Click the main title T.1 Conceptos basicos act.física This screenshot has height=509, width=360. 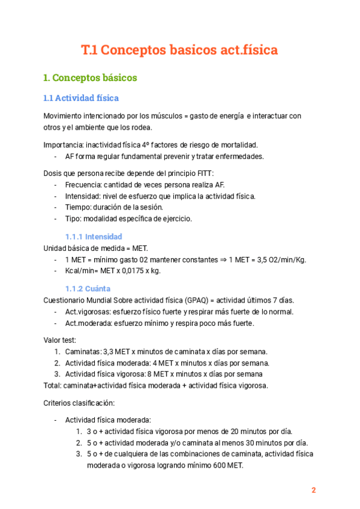pyautogui.click(x=179, y=50)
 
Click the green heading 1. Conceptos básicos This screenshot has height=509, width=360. pyautogui.click(x=90, y=78)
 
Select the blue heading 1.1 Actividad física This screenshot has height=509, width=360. pyautogui.click(x=81, y=98)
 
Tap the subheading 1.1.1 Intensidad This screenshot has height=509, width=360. pyautogui.click(x=94, y=236)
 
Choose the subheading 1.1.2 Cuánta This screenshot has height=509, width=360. pyautogui.click(x=88, y=288)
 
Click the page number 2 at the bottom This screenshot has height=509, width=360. pyautogui.click(x=313, y=490)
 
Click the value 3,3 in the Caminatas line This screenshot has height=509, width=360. pyautogui.click(x=110, y=351)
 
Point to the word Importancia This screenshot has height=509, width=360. pyautogui.click(x=64, y=145)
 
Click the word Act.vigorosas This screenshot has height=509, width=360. pyautogui.click(x=88, y=312)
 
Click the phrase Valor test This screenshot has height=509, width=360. pyautogui.click(x=59, y=339)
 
